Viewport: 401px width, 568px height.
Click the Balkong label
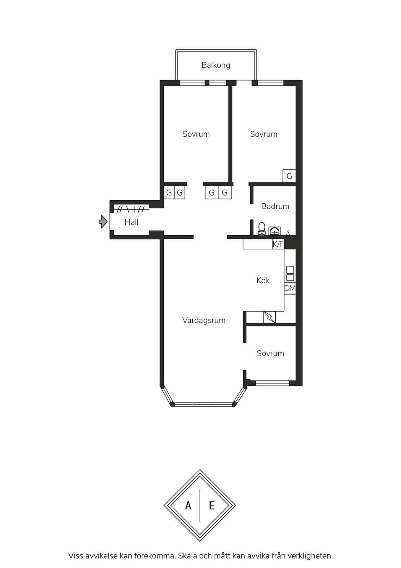click(216, 65)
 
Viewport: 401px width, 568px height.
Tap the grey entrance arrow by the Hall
click(103, 221)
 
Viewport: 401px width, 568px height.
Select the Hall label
click(131, 222)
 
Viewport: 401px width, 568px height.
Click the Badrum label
click(275, 206)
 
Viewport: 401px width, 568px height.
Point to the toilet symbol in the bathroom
click(262, 229)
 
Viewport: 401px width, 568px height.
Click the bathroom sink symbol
click(275, 231)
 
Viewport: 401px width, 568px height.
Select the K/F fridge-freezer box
click(278, 244)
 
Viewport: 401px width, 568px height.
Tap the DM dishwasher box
click(290, 288)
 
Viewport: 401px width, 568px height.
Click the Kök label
click(263, 280)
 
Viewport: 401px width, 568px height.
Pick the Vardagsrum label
click(204, 320)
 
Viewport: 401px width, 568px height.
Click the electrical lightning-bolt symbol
click(270, 317)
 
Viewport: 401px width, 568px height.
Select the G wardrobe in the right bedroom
click(289, 176)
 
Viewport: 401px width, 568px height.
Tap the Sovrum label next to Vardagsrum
click(270, 353)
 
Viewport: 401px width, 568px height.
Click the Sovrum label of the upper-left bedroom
click(196, 134)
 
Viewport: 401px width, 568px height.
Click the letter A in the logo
click(188, 506)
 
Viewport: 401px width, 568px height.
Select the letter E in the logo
click(212, 506)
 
